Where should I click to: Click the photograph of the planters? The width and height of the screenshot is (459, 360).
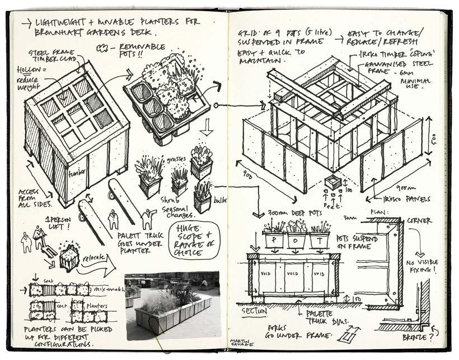coord(172,306)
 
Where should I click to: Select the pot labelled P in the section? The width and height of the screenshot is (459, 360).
coord(273,239)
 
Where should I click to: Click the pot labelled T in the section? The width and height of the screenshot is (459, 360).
coord(320,239)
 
